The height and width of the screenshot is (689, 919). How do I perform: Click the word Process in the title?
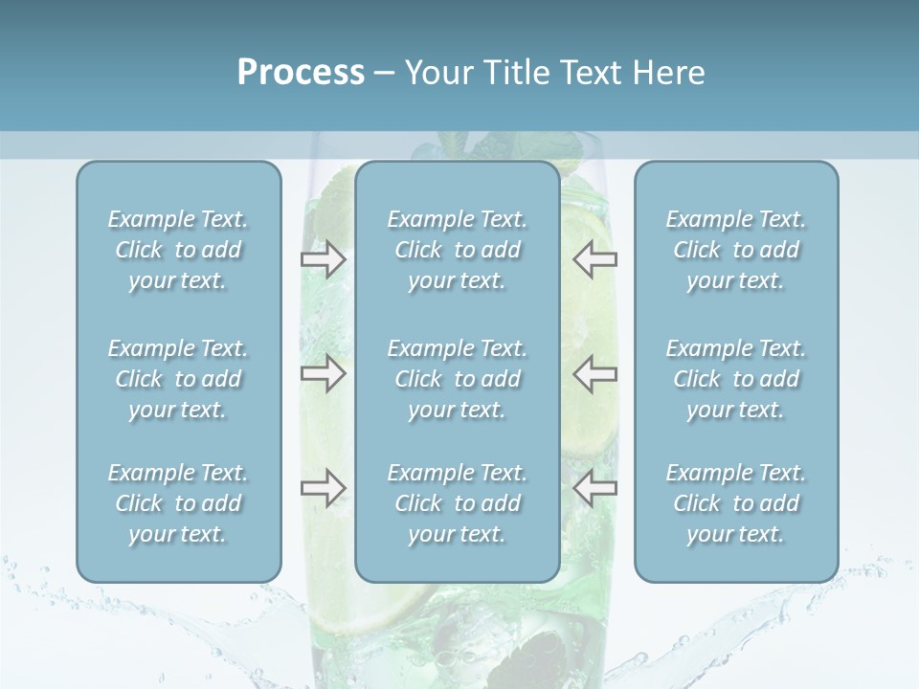[301, 73]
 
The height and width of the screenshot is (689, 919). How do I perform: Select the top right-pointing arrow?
[323, 259]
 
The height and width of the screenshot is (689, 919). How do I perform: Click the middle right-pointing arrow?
[323, 372]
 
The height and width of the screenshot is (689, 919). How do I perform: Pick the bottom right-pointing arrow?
[323, 488]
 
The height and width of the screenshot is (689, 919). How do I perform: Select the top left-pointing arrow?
[595, 259]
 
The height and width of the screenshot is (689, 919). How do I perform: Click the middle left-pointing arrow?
[595, 372]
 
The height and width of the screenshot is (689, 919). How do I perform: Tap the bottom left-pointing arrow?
[595, 488]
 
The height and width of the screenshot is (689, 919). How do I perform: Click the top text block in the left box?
[178, 250]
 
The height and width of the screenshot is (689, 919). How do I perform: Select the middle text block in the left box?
[178, 379]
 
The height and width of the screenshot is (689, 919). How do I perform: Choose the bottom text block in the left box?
[178, 503]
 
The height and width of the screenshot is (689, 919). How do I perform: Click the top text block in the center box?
[458, 250]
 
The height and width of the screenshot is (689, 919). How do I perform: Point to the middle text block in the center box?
[458, 379]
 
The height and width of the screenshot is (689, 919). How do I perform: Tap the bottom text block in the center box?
[458, 503]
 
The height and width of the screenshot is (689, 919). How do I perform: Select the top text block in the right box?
[736, 250]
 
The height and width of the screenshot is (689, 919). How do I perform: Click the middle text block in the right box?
[736, 379]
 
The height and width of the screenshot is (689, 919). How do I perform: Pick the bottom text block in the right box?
[736, 503]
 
